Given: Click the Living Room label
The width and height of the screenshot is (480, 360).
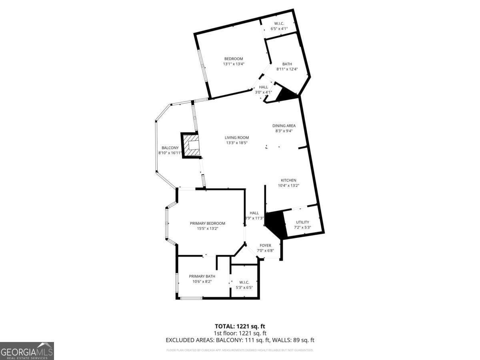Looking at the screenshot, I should (x=237, y=138).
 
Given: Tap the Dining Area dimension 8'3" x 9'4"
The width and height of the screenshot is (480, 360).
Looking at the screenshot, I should (x=284, y=131).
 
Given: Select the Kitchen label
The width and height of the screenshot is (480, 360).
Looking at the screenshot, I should (x=288, y=180).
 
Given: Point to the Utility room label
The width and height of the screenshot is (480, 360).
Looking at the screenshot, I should (x=302, y=222).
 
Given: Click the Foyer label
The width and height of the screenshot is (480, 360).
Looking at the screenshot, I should (x=265, y=246).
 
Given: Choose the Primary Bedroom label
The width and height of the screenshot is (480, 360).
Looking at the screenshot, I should (x=207, y=224).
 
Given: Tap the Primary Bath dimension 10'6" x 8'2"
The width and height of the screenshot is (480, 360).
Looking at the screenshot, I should (x=202, y=282).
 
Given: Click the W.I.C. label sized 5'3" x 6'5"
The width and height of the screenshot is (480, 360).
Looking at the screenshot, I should (x=244, y=282).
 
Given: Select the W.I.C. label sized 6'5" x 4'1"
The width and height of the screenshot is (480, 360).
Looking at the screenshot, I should (x=279, y=24).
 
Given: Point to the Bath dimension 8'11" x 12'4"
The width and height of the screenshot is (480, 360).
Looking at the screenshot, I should (x=287, y=69).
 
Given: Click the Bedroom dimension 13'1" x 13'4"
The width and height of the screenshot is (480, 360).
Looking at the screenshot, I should (x=234, y=64).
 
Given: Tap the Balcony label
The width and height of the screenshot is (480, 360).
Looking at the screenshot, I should (x=170, y=148).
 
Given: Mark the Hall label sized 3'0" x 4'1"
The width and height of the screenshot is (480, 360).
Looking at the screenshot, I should (x=264, y=87).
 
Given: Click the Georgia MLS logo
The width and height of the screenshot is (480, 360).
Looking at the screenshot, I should (x=27, y=351).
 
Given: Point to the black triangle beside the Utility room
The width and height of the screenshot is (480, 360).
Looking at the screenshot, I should (x=275, y=224).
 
